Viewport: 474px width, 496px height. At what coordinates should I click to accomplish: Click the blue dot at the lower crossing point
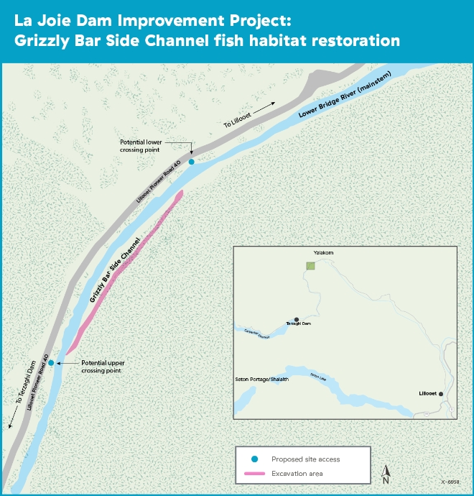pyautogui.click(x=192, y=162)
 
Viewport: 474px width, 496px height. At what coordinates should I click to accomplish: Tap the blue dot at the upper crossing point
pyautogui.click(x=51, y=362)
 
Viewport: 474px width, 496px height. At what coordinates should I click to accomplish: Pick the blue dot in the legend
pyautogui.click(x=255, y=459)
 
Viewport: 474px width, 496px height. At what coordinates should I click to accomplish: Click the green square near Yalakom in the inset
pyautogui.click(x=311, y=266)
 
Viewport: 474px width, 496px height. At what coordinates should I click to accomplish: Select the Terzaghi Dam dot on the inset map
pyautogui.click(x=296, y=319)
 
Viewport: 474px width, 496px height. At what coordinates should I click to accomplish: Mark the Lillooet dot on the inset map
pyautogui.click(x=440, y=394)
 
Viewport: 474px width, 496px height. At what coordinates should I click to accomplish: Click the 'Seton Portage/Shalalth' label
pyautogui.click(x=261, y=379)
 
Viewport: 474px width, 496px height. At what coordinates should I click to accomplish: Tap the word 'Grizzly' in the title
pyautogui.click(x=41, y=40)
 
